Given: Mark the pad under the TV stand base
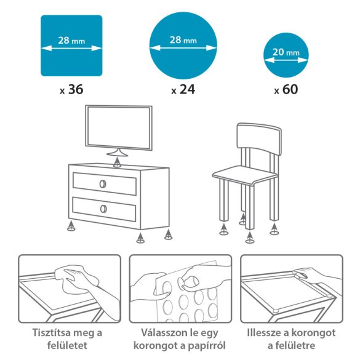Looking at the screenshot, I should tap(118, 163).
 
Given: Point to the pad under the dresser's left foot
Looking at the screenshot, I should tap(72, 227).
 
